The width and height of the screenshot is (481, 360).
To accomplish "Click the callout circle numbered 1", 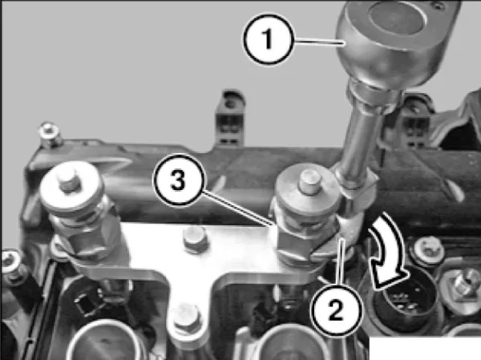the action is tap(269, 39).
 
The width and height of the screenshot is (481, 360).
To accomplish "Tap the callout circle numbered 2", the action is tap(336, 310).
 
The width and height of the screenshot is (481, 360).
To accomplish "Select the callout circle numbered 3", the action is tap(179, 180).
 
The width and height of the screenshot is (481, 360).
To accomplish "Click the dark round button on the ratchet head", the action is tap(398, 18).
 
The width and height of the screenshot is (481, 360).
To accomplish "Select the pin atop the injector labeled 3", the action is tap(309, 182).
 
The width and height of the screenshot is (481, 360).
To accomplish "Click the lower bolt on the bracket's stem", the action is tap(187, 319).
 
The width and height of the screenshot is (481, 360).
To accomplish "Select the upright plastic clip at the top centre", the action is tap(230, 117).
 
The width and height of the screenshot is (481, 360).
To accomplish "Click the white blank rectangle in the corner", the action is tap(425, 348).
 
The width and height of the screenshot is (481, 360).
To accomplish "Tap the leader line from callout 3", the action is tap(238, 208).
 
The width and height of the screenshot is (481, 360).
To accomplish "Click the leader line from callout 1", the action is tap(318, 42).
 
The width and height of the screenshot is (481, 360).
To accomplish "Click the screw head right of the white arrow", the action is tap(429, 249).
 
